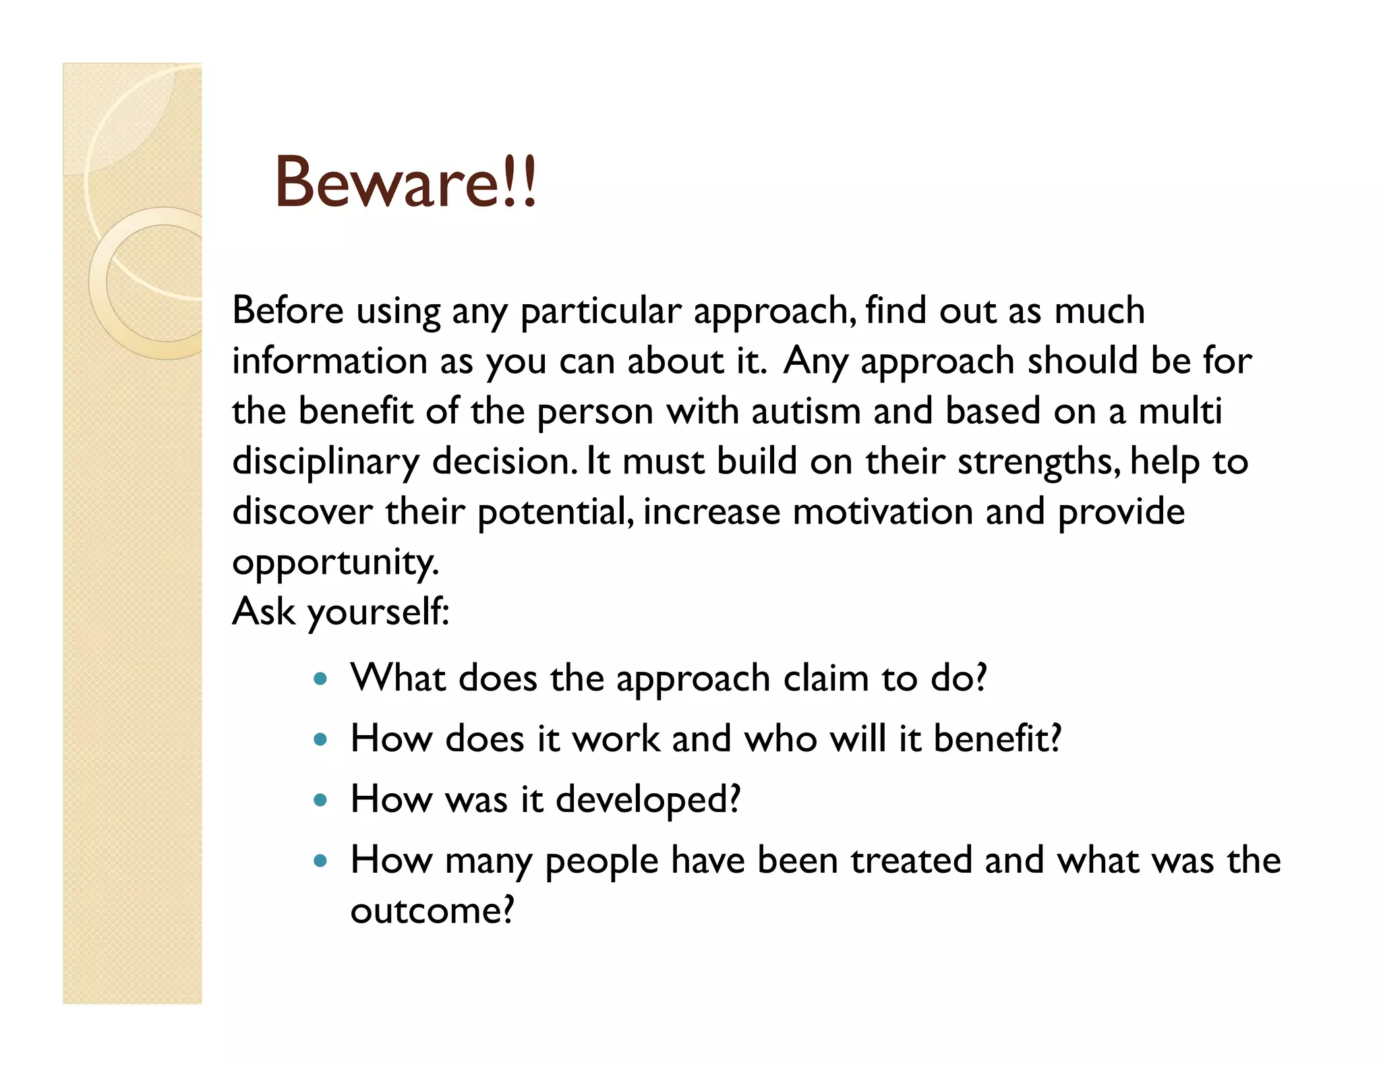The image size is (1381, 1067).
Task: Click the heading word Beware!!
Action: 405,182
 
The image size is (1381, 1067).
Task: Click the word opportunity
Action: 335,562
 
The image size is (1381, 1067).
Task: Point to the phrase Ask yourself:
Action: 341,612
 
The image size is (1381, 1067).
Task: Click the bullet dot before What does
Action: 321,679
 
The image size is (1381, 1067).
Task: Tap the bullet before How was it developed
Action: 321,801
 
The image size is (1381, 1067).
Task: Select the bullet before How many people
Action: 321,861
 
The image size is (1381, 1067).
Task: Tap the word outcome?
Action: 432,911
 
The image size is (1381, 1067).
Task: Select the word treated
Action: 910,861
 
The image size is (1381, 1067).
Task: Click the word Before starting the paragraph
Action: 288,311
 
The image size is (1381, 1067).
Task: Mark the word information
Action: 329,361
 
